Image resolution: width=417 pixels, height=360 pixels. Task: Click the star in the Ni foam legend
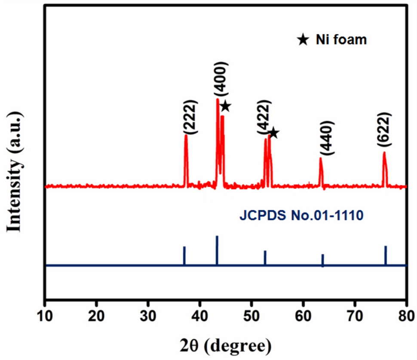click(303, 40)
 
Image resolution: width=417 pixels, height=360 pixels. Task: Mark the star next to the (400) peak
click(225, 106)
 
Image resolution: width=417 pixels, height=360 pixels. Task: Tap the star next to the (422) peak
click(273, 133)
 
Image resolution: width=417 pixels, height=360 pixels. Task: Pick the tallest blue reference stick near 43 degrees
click(217, 250)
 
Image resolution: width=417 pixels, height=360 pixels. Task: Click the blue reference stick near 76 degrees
click(386, 255)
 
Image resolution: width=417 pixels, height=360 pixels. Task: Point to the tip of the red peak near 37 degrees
click(186, 135)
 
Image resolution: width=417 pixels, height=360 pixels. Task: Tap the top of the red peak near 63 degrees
click(320, 158)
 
